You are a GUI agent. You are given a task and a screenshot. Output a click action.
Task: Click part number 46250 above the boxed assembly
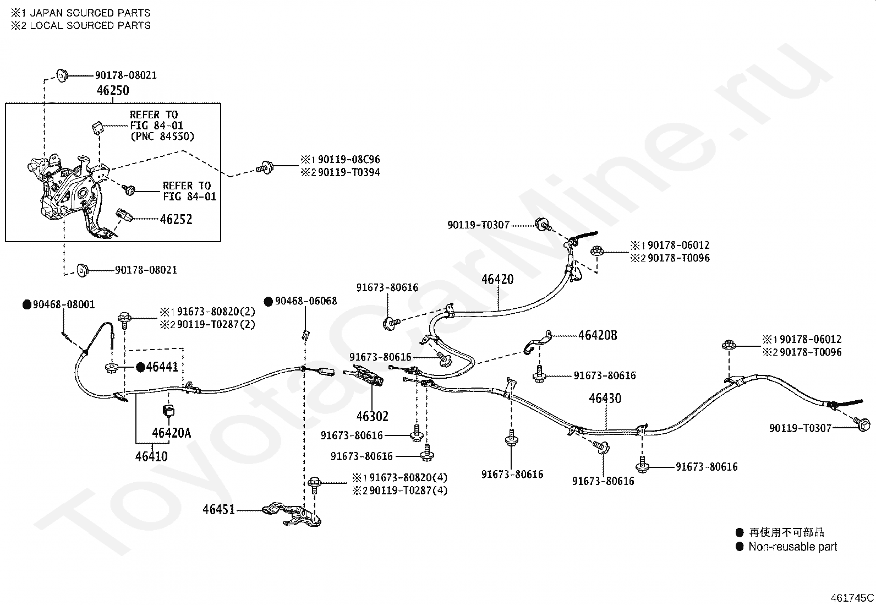click(113, 91)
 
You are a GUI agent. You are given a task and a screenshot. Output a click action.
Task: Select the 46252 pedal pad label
click(176, 220)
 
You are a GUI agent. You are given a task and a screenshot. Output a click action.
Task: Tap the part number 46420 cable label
click(497, 280)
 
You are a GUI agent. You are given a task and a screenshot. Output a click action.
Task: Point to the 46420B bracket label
click(598, 335)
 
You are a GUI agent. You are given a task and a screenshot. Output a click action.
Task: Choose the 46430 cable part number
click(605, 399)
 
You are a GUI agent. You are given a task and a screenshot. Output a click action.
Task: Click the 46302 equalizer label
click(373, 416)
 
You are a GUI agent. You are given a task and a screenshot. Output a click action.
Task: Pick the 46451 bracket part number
click(218, 510)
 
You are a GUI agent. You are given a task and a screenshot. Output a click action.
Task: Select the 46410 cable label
click(151, 456)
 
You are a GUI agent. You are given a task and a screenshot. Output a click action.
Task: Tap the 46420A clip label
click(171, 433)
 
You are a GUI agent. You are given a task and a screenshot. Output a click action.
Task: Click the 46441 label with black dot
click(157, 367)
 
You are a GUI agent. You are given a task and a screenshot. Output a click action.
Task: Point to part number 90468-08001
click(59, 304)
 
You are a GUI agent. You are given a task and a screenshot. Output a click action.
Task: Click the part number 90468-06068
click(301, 301)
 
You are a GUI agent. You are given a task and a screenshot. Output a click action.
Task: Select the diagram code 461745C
click(852, 598)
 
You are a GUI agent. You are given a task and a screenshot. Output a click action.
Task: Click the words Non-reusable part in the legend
click(793, 547)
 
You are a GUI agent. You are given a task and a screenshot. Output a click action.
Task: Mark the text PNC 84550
click(162, 137)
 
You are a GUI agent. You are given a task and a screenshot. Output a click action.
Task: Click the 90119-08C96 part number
click(349, 159)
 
